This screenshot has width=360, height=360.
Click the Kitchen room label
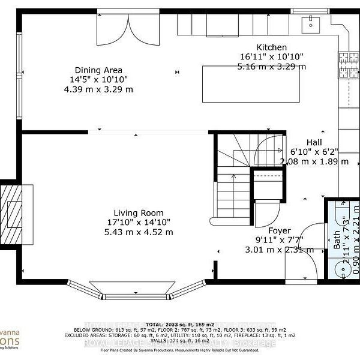tap(272, 47)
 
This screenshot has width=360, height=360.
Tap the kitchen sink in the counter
tap(311, 23)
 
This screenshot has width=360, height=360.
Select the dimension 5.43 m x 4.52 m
tap(139, 232)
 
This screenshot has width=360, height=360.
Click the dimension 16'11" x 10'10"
tap(272, 57)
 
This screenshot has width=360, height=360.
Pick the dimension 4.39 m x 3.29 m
tap(99, 89)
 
